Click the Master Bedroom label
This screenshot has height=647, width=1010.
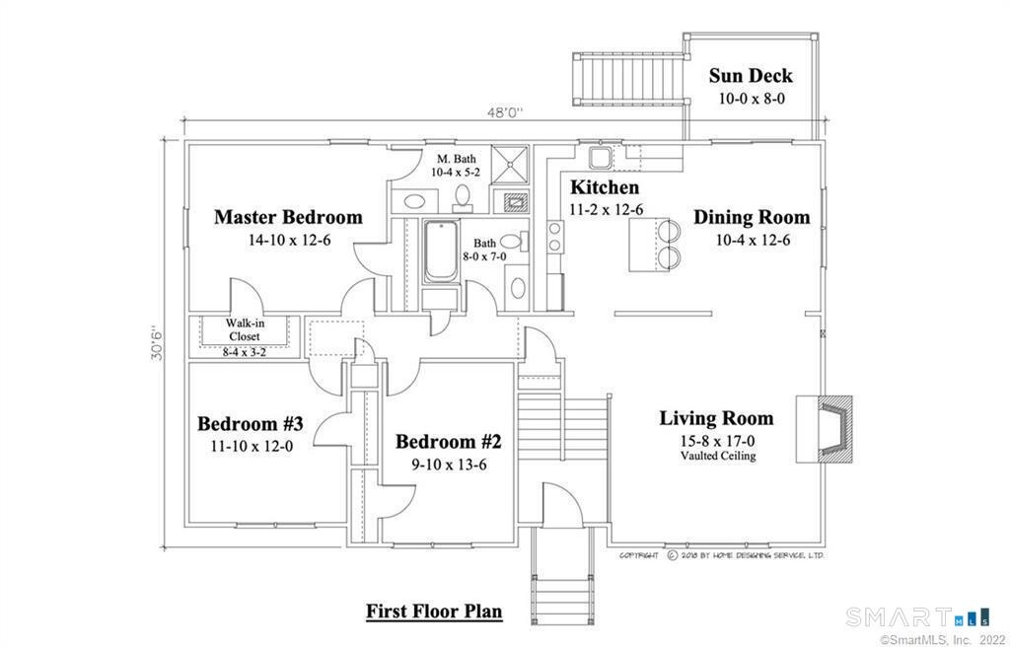(288, 217)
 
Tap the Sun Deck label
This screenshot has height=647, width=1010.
(751, 75)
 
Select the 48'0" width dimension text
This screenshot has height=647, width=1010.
(504, 112)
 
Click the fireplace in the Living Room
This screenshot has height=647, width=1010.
(825, 429)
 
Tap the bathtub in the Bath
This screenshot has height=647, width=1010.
(441, 252)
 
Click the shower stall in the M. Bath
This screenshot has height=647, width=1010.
(510, 165)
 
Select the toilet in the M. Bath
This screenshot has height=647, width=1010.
(463, 197)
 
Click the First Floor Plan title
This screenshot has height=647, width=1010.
(434, 611)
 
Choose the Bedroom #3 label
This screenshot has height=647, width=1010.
(250, 424)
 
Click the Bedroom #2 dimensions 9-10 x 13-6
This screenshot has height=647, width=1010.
(450, 464)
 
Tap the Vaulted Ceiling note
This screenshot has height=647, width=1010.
(718, 457)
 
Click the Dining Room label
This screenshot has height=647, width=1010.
(752, 217)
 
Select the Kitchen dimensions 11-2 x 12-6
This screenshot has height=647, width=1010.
(607, 209)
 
